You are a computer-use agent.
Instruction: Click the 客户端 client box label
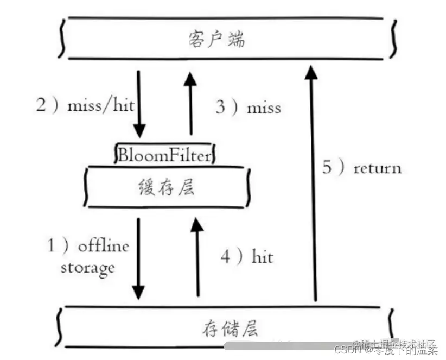pyautogui.click(x=216, y=40)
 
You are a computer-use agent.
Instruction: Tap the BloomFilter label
pyautogui.click(x=164, y=156)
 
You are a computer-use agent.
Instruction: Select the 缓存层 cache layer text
pyautogui.click(x=166, y=188)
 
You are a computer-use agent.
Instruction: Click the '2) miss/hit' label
pyautogui.click(x=85, y=105)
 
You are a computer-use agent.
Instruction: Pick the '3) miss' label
pyautogui.click(x=248, y=108)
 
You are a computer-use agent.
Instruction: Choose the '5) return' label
pyautogui.click(x=362, y=168)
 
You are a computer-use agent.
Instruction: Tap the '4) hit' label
pyautogui.click(x=246, y=256)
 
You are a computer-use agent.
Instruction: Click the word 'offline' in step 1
pyautogui.click(x=103, y=247)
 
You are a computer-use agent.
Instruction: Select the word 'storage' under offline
pyautogui.click(x=87, y=267)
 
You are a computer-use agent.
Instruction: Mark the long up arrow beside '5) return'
pyautogui.click(x=312, y=185)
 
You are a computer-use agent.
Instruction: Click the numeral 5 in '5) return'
pyautogui.click(x=327, y=168)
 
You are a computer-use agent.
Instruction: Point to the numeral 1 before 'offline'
pyautogui.click(x=51, y=247)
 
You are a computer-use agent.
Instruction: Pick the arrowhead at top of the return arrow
pyautogui.click(x=311, y=72)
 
